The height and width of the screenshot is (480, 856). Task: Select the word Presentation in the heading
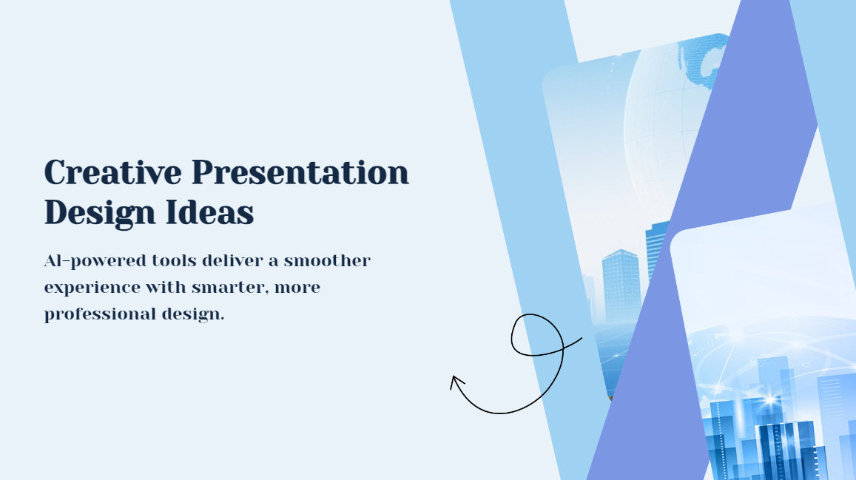[300, 173]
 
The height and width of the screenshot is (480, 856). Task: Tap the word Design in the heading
[89, 214]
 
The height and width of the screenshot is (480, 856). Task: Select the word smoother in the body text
[327, 261]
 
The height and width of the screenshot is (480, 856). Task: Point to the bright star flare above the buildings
[769, 399]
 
